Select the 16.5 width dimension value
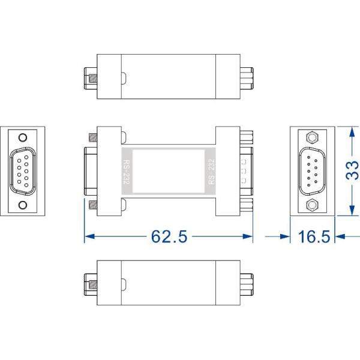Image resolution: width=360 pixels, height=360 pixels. (x=314, y=236)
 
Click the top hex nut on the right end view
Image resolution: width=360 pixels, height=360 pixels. (x=311, y=137)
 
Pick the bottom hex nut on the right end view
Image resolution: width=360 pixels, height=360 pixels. (x=311, y=206)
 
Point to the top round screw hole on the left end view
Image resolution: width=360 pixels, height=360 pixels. (x=23, y=137)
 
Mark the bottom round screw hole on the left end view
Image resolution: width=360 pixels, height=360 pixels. (x=23, y=205)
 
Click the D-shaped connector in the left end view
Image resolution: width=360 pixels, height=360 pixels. (x=23, y=171)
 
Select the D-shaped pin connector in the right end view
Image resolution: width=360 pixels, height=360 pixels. (x=311, y=171)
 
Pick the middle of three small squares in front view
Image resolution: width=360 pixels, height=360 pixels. (x=244, y=171)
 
